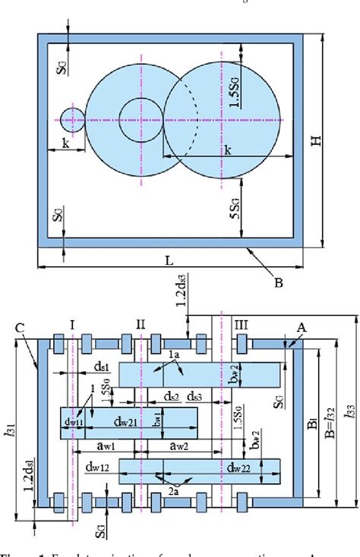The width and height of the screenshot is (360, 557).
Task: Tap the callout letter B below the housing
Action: tap(278, 284)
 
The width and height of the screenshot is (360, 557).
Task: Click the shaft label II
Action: tap(141, 325)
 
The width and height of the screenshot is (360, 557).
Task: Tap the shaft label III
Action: tap(241, 325)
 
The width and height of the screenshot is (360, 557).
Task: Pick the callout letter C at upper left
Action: tap(21, 329)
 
